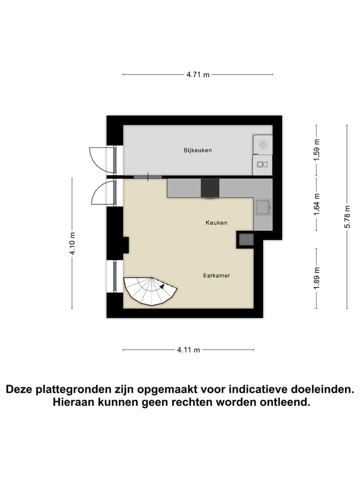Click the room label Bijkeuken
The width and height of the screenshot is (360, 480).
click(x=197, y=150)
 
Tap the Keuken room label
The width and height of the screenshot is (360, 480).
click(x=216, y=222)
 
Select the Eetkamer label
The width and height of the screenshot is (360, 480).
click(x=216, y=275)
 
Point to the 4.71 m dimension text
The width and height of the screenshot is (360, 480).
click(x=198, y=75)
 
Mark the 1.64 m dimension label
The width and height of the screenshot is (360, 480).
click(x=316, y=204)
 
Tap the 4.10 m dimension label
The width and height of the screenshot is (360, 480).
click(x=72, y=243)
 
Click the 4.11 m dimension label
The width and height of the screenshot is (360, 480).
click(x=188, y=350)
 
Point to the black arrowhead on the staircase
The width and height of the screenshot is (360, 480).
click(x=162, y=286)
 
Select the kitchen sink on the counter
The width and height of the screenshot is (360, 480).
click(x=262, y=206)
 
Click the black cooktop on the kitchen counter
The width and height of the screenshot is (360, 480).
click(x=210, y=188)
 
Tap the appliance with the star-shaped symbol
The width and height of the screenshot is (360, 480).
click(x=262, y=145)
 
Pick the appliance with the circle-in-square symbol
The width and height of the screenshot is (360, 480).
click(x=262, y=164)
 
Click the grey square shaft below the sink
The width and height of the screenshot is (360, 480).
click(x=246, y=239)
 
